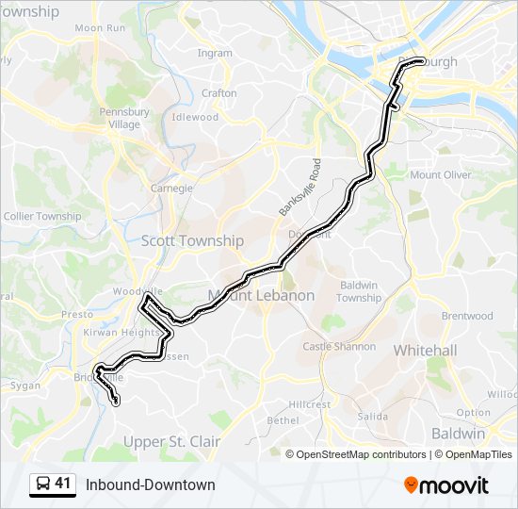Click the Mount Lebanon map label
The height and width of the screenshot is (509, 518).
tap(261, 295)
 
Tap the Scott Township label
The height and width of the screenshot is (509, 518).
tap(192, 240)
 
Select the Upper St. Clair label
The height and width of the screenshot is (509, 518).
tap(172, 441)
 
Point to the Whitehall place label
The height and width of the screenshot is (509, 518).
tap(425, 350)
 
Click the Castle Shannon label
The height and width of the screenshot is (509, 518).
tap(338, 347)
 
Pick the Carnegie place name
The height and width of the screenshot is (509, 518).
tap(171, 188)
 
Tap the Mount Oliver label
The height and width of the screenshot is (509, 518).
tap(440, 174)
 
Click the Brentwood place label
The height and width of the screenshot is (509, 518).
tap(467, 316)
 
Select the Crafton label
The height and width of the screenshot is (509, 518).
tap(219, 93)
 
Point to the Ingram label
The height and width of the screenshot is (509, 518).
tap(215, 54)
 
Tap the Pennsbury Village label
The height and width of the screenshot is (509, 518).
tap(124, 118)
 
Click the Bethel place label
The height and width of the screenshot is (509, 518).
tap(283, 420)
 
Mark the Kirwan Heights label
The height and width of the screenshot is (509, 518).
tap(120, 333)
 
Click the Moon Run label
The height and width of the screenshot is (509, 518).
tap(101, 28)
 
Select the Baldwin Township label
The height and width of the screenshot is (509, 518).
tap(359, 291)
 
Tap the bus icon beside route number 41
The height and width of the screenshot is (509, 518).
tap(43, 484)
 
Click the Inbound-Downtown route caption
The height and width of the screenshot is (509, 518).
tap(151, 484)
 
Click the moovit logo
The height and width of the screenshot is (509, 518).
tap(446, 484)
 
